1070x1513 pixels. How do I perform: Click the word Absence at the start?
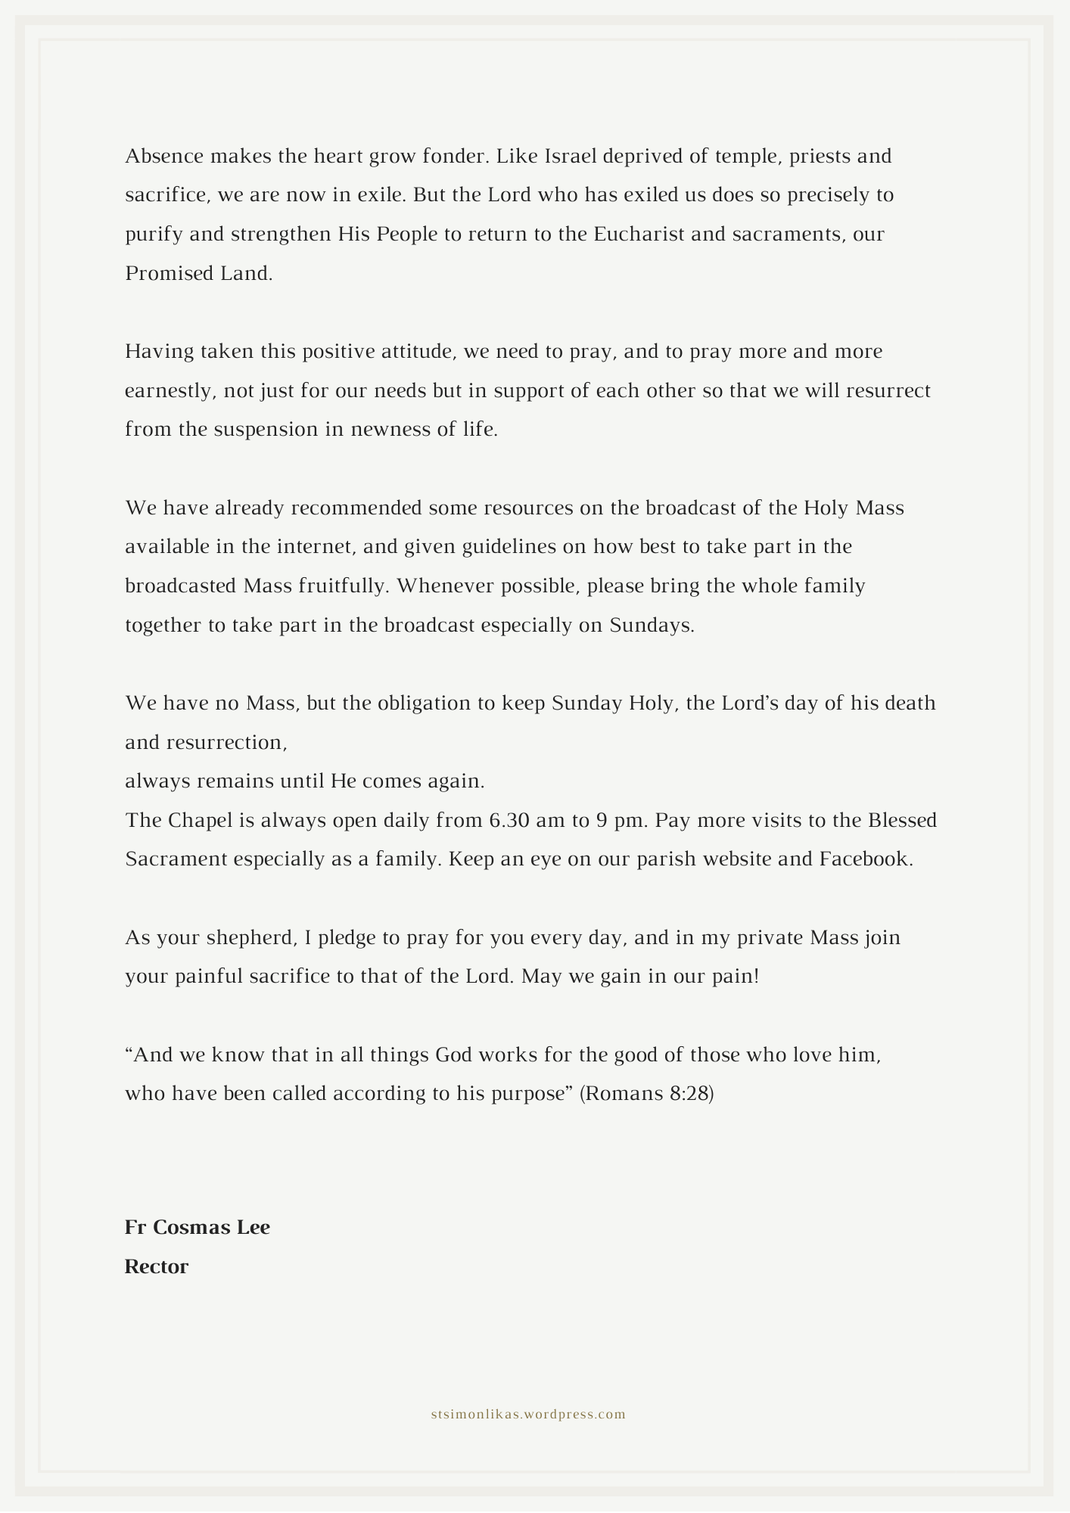[x=164, y=157]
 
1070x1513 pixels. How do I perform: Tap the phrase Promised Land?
[x=198, y=274]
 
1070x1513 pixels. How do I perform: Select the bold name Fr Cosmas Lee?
[x=198, y=1228]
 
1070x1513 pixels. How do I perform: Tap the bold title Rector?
[x=157, y=1267]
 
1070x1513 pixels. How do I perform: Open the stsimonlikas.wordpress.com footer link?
[x=528, y=1415]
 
